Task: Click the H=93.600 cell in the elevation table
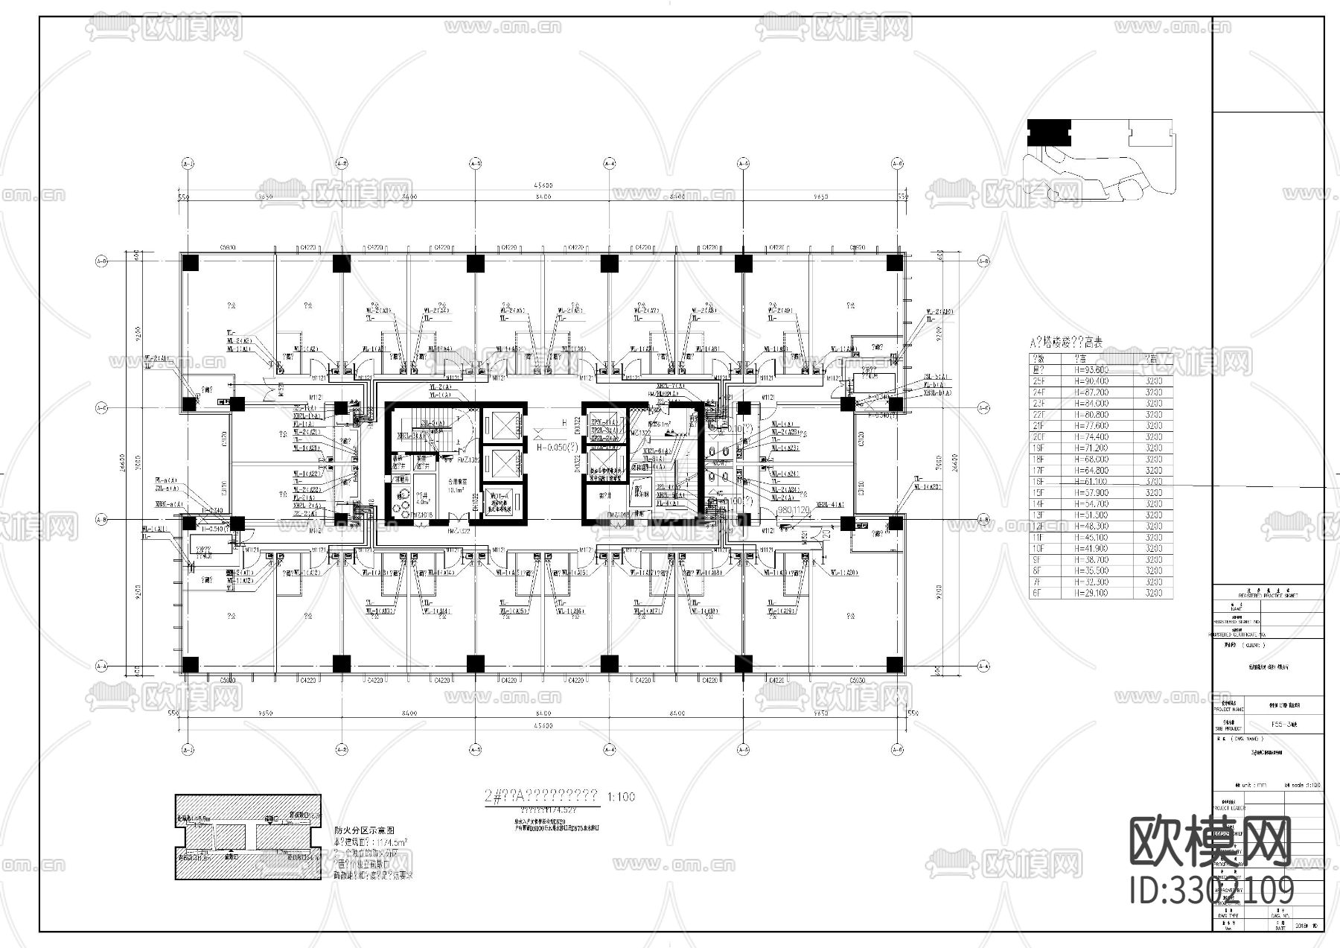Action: tap(1091, 369)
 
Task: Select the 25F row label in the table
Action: tap(1038, 381)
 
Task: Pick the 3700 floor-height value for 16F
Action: tap(1153, 481)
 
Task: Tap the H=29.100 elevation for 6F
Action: tap(1091, 593)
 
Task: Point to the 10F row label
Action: tap(1038, 548)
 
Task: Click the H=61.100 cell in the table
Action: tap(1091, 481)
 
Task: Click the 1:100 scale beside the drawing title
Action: tap(622, 797)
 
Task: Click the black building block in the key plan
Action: tap(1048, 133)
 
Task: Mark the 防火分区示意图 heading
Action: tap(364, 830)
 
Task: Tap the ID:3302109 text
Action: tap(1212, 890)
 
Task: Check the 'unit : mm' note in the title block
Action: tap(1248, 785)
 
